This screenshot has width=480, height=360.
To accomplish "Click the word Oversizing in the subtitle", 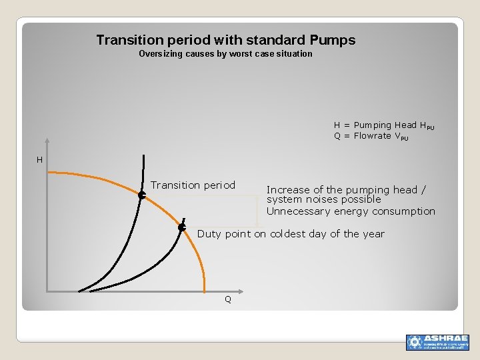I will pos(160,54).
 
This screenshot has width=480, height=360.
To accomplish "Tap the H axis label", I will pos(40,160).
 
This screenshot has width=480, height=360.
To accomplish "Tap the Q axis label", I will pos(228,300).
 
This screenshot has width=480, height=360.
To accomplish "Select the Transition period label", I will pos(193,185).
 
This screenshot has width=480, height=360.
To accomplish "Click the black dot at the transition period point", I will pos(141,195).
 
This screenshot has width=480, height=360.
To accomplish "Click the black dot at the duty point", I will pos(181,228).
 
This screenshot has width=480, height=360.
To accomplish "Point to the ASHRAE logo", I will pos(437,342).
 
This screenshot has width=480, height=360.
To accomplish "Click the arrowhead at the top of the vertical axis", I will pos(47,141).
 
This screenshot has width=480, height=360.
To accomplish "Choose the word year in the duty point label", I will pos(373,234).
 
